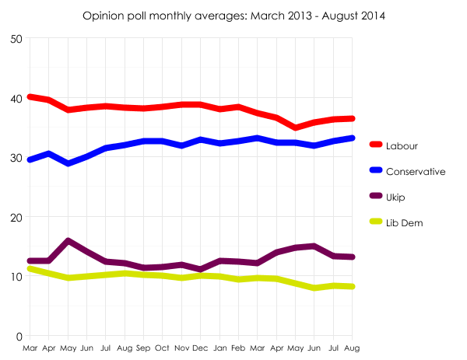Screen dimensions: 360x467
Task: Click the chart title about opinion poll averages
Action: (x=233, y=15)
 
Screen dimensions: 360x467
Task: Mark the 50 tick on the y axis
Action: (x=16, y=39)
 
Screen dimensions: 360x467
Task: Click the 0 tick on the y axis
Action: (x=19, y=336)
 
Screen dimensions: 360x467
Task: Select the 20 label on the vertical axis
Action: (x=16, y=217)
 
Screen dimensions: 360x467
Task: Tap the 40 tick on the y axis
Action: (x=16, y=99)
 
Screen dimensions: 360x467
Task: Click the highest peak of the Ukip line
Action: (x=69, y=242)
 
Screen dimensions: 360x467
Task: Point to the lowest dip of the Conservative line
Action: (x=69, y=163)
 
